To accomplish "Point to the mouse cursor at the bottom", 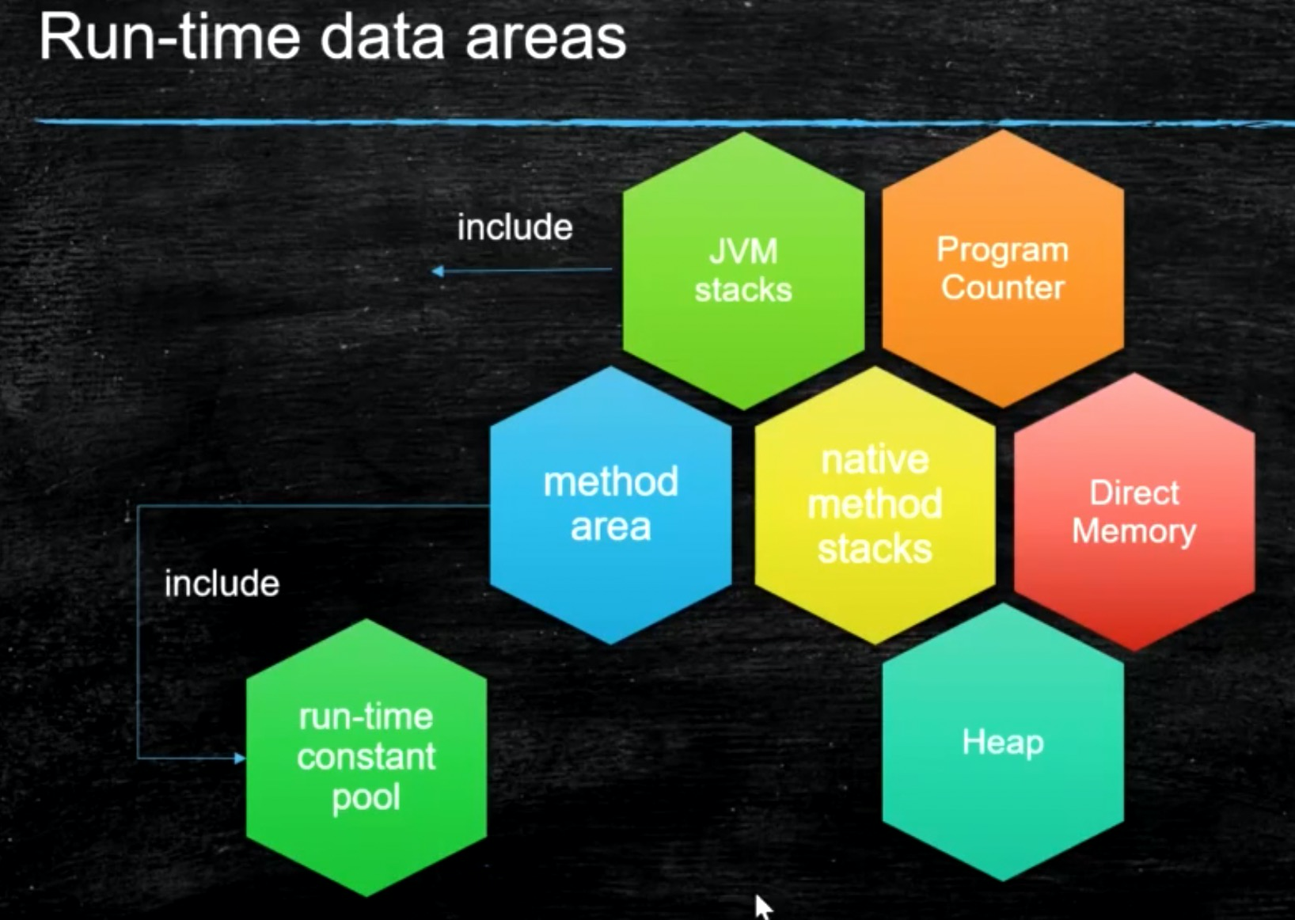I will pyautogui.click(x=761, y=906).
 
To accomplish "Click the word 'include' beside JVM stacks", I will pyautogui.click(x=515, y=228).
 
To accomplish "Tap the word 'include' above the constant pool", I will pyautogui.click(x=222, y=584).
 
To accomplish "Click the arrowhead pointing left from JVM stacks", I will pyautogui.click(x=438, y=271).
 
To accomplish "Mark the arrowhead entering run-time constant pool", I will pyautogui.click(x=239, y=758).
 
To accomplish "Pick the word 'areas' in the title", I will pyautogui.click(x=546, y=38).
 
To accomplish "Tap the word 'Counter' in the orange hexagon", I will pyautogui.click(x=1002, y=287).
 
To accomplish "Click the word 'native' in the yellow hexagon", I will pyautogui.click(x=875, y=460).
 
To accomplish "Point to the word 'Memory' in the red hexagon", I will pyautogui.click(x=1134, y=530).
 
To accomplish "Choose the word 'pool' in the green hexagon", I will pyautogui.click(x=366, y=798).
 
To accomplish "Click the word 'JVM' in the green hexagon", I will pyautogui.click(x=742, y=252).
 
